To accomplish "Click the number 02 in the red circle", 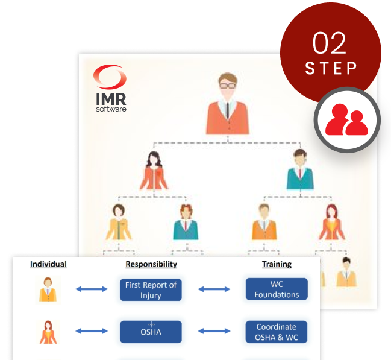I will pyautogui.click(x=329, y=43).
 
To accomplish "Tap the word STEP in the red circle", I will pyautogui.click(x=331, y=68).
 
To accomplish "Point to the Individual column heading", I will pyautogui.click(x=48, y=264).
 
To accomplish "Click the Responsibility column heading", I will pyautogui.click(x=151, y=264).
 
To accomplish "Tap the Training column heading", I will pyautogui.click(x=277, y=264).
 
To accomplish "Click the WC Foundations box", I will pyautogui.click(x=277, y=289).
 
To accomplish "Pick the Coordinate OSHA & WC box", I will pyautogui.click(x=277, y=331).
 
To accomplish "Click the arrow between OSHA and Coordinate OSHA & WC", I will pyautogui.click(x=214, y=331).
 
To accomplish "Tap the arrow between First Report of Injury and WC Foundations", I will pyautogui.click(x=214, y=289).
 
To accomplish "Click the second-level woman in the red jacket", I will pyautogui.click(x=155, y=171).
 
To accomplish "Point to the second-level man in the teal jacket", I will pyautogui.click(x=300, y=171).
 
